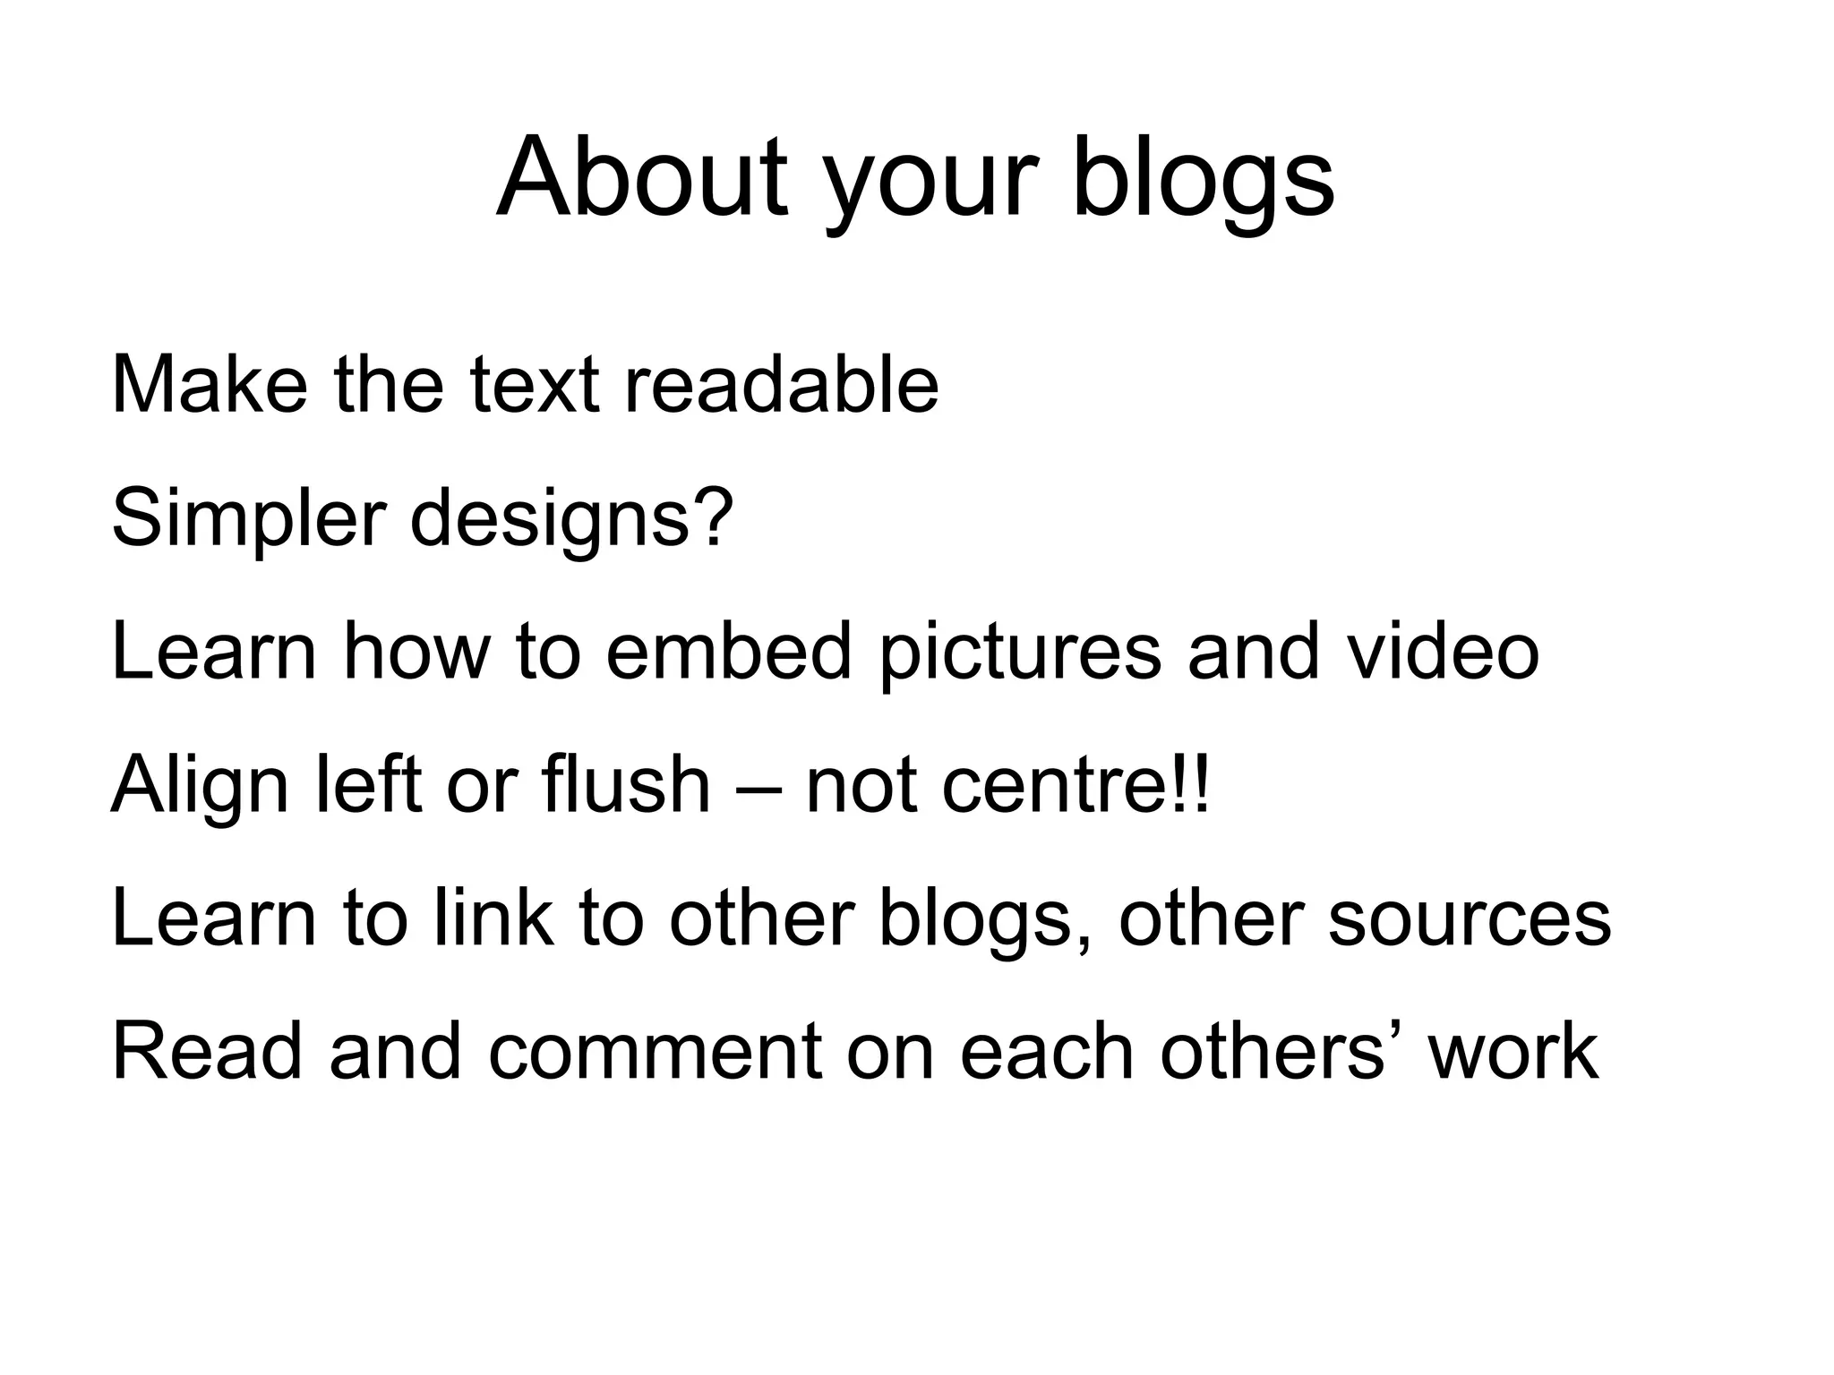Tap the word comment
tap(655, 1052)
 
